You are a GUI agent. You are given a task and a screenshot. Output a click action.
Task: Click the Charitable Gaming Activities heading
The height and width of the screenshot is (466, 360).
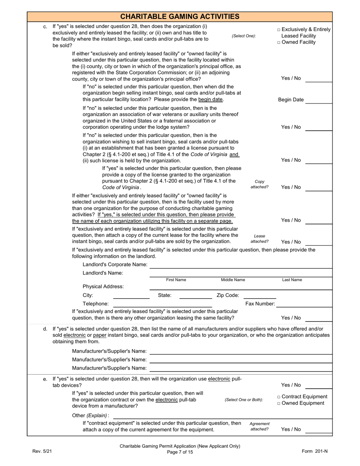point(180,16)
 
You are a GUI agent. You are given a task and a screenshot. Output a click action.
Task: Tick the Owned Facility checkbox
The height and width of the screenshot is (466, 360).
point(279,42)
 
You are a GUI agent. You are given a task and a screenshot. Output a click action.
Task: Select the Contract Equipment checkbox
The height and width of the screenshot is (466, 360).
point(279,397)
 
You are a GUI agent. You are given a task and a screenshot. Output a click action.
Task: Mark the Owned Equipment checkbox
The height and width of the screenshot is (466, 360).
point(279,403)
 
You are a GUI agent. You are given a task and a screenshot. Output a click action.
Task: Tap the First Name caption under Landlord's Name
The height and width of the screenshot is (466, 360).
point(176,280)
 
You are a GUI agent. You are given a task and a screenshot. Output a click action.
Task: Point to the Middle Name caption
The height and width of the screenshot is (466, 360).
point(233,280)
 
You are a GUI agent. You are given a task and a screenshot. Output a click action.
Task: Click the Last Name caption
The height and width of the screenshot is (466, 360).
point(292,280)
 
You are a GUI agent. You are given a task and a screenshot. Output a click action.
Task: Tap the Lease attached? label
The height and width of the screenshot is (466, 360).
point(259,239)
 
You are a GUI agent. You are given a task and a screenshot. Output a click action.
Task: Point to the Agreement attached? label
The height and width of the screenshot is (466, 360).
point(259,426)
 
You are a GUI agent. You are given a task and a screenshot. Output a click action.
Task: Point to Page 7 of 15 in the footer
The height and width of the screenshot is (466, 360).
point(180,452)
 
